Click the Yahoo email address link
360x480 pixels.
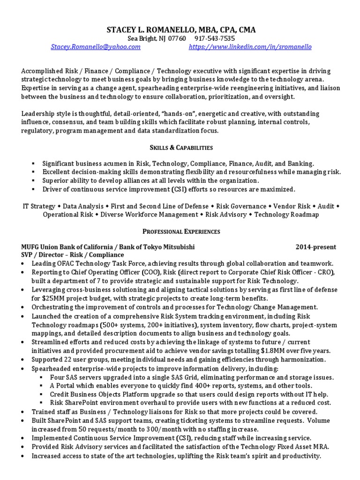[96, 47]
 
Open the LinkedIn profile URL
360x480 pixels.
[250, 47]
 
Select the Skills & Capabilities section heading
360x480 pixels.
[181, 148]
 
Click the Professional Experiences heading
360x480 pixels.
[181, 232]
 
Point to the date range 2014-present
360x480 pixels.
[315, 247]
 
